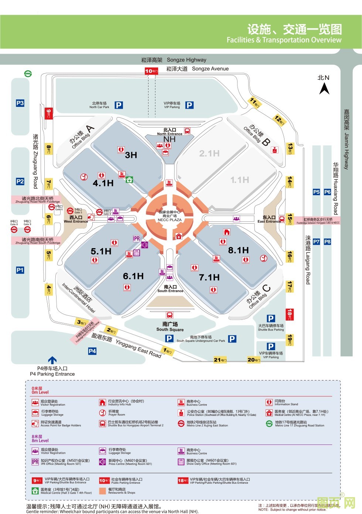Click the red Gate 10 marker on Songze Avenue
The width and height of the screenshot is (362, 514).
pyautogui.click(x=151, y=71)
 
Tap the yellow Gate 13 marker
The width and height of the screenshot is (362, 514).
pyautogui.click(x=290, y=149)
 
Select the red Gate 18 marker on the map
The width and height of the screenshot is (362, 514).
pyautogui.click(x=290, y=314)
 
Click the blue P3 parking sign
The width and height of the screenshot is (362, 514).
pyautogui.click(x=20, y=103)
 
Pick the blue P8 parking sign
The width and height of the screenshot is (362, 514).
pyautogui.click(x=327, y=241)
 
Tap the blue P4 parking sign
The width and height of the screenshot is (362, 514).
pyautogui.click(x=92, y=351)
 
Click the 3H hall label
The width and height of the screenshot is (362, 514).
pyautogui.click(x=131, y=155)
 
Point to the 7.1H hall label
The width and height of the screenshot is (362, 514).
pyautogui.click(x=209, y=277)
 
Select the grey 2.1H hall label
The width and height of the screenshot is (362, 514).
pyautogui.click(x=209, y=153)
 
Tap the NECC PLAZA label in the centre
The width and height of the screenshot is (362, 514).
pyautogui.click(x=170, y=220)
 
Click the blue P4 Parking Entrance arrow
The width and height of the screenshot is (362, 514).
pyautogui.click(x=52, y=360)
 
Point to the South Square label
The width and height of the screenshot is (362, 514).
pyautogui.click(x=170, y=327)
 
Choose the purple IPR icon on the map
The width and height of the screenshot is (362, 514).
pyautogui.click(x=137, y=239)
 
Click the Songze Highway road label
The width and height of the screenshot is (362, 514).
pyautogui.click(x=174, y=60)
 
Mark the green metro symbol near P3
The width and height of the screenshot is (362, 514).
pyautogui.click(x=28, y=74)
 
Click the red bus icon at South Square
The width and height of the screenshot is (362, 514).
pyautogui.click(x=170, y=315)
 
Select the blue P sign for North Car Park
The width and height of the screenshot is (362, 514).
pyautogui.click(x=119, y=105)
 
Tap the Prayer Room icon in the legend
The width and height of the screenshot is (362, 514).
pyautogui.click(x=102, y=413)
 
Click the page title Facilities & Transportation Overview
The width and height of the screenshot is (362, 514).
pyautogui.click(x=284, y=40)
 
